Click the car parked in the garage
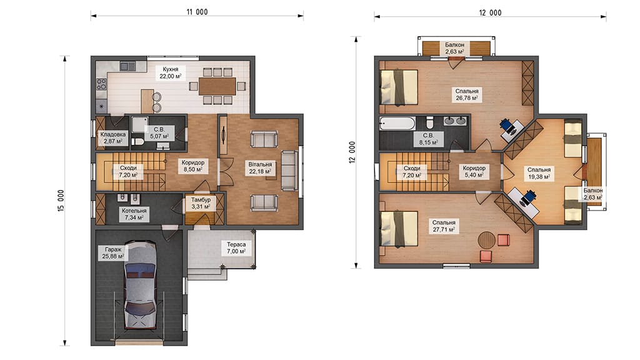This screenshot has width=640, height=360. pyautogui.click(x=139, y=284)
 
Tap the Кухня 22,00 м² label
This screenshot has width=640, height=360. pyautogui.click(x=170, y=72)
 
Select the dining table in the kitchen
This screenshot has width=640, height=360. pyautogui.click(x=217, y=86)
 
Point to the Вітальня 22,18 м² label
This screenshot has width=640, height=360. pyautogui.click(x=260, y=167)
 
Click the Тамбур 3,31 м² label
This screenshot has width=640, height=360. pyautogui.click(x=201, y=203)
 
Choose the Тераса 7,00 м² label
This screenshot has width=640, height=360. pyautogui.click(x=236, y=247)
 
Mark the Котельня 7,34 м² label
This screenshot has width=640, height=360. pyautogui.click(x=134, y=214)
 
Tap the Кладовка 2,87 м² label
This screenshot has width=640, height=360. pyautogui.click(x=113, y=137)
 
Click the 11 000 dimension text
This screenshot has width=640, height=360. pyautogui.click(x=197, y=12)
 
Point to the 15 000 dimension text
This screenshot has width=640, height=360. pyautogui.click(x=61, y=201)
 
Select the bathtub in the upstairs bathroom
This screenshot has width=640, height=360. pyautogui.click(x=397, y=123)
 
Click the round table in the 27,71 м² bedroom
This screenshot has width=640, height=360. pyautogui.click(x=486, y=239)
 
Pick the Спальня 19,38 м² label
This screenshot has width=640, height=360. pyautogui.click(x=539, y=173)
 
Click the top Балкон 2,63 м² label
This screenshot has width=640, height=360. pyautogui.click(x=454, y=48)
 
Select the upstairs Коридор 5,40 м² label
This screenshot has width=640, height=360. pyautogui.click(x=474, y=171)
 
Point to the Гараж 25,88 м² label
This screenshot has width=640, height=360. pyautogui.click(x=113, y=252)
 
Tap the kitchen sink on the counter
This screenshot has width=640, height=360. pyautogui.click(x=127, y=66)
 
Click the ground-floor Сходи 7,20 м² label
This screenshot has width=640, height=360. pyautogui.click(x=128, y=171)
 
